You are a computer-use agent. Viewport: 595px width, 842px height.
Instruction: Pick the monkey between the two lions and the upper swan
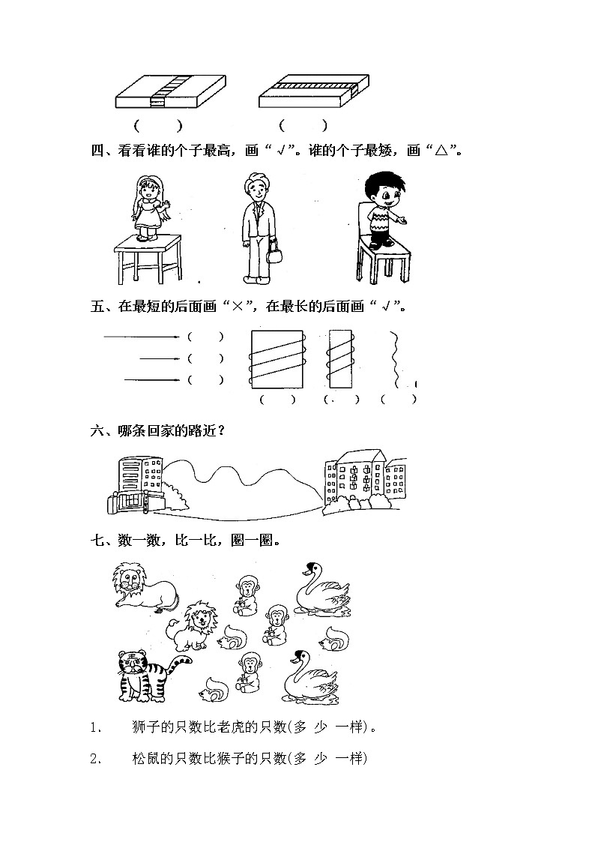click(x=247, y=595)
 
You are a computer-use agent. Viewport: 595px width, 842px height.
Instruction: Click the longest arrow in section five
click(x=142, y=337)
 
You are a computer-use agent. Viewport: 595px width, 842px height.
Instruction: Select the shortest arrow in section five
click(x=160, y=358)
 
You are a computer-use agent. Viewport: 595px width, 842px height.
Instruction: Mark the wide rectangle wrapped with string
click(x=277, y=359)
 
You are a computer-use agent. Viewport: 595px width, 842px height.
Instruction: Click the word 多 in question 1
click(x=300, y=727)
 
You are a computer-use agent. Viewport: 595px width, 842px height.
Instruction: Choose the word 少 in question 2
click(x=320, y=758)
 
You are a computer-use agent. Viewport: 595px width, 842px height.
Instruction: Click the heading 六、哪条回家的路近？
click(x=157, y=430)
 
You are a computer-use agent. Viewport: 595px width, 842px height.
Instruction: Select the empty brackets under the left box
click(x=158, y=126)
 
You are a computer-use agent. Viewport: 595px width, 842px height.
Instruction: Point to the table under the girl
click(x=148, y=259)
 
